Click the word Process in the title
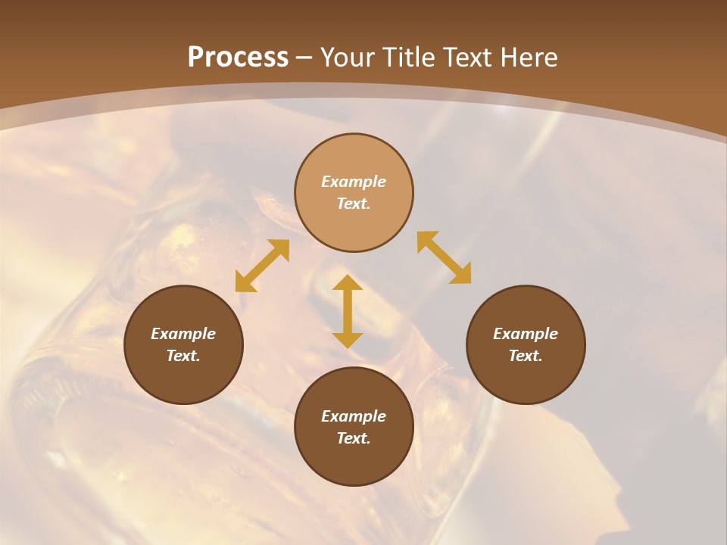tap(238, 57)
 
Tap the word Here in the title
tap(528, 57)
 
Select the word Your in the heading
tap(349, 57)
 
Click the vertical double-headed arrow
tap(348, 311)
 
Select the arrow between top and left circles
tap(262, 266)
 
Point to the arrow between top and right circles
tap(444, 257)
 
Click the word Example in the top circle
tap(354, 182)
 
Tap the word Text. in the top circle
tap(354, 204)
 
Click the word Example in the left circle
tap(183, 334)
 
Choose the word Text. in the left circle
tap(183, 356)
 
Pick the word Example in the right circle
tap(526, 334)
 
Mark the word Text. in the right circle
tap(526, 356)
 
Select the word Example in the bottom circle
tap(354, 416)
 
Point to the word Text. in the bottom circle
tap(354, 438)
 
